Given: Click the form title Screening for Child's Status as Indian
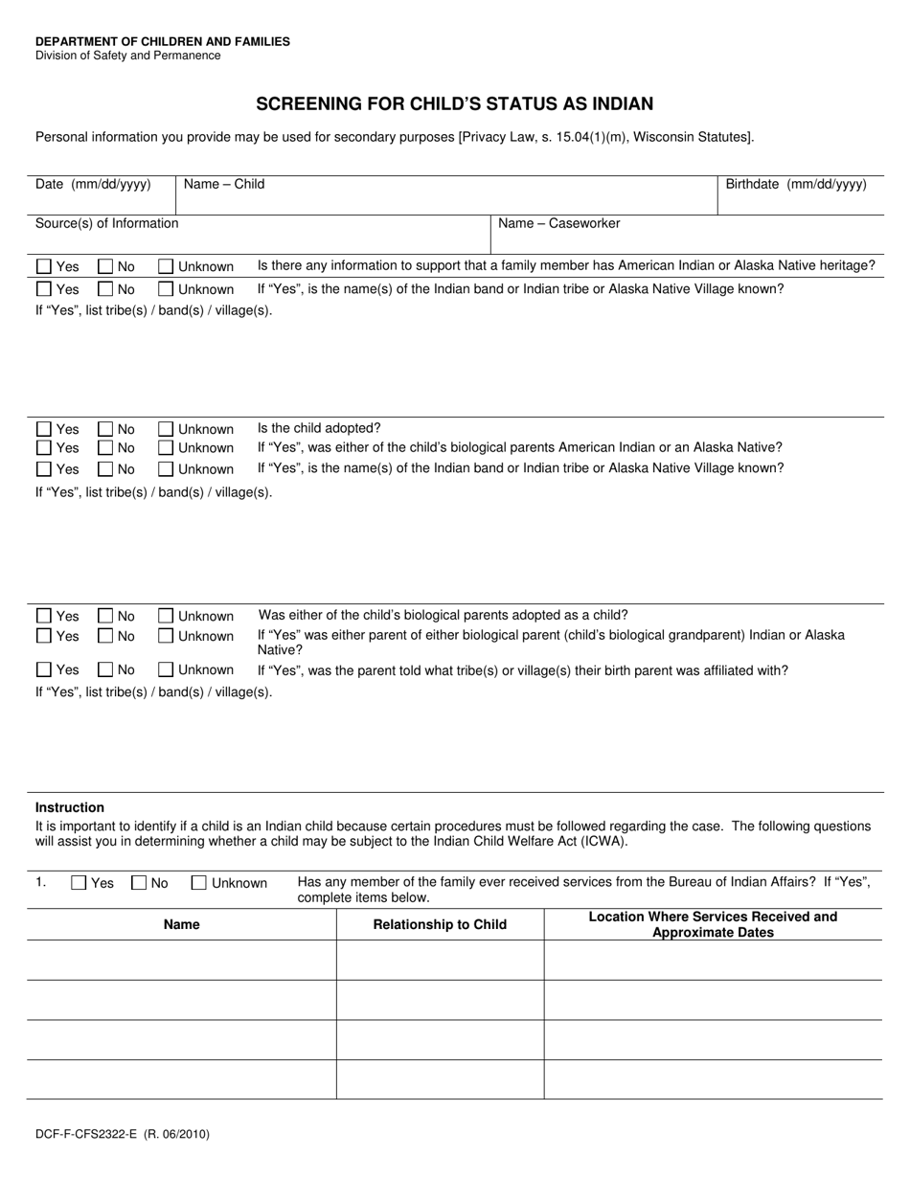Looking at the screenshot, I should coord(454,103).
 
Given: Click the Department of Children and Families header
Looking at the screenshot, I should coord(163,41).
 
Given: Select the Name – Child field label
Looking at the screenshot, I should coord(224,184).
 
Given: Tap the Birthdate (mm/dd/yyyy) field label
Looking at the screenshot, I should coord(795,184).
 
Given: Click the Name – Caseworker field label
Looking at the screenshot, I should coord(558,223).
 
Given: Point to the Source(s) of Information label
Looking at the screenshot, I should coord(106,223).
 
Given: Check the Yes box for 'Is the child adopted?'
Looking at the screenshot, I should coord(44,429).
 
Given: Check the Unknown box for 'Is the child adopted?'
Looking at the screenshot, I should coord(166,429).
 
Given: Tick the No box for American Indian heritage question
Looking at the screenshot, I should coord(105,266).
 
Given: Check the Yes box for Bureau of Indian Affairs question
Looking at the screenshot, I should coord(80,883).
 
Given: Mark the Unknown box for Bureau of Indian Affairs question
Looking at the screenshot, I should coord(199,883).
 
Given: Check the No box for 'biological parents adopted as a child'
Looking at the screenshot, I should coord(105,616).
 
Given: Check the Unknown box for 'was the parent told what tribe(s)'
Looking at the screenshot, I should coord(166,669).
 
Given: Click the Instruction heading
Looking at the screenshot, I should coord(70,807).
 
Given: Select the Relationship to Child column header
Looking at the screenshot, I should coord(440,924).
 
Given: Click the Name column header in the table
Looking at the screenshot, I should coord(182,924).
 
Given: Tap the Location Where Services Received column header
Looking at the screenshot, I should coord(713,924).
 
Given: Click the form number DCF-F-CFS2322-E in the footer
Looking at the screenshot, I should coord(87,1134).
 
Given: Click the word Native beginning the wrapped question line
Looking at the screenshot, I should coord(280,649).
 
